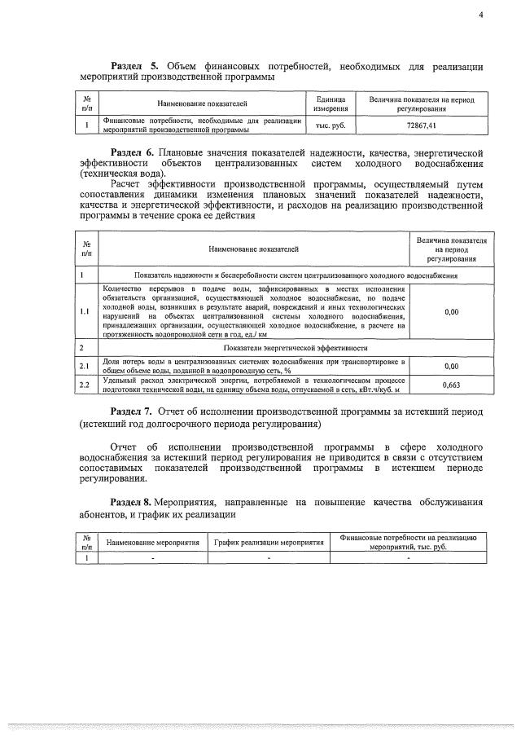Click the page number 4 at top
[481, 14]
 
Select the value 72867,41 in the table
[421, 125]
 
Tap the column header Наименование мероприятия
[152, 543]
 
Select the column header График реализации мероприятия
[268, 543]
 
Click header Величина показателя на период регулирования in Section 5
[421, 103]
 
